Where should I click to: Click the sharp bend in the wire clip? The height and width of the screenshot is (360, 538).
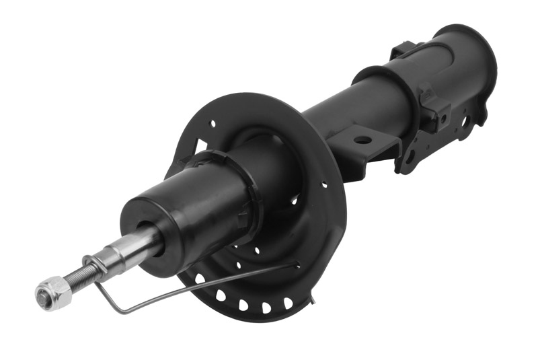tap(116, 311)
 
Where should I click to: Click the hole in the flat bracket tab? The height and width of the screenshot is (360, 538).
tap(362, 140)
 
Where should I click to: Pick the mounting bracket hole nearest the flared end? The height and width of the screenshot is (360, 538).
tap(463, 121)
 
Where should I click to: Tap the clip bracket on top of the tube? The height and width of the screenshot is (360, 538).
tap(403, 50)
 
